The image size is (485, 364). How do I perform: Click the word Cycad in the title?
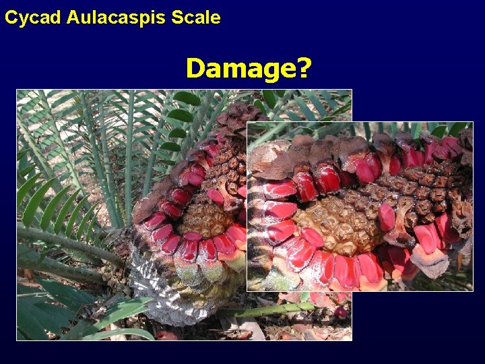[33, 18]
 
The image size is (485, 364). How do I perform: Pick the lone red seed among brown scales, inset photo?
[387, 216]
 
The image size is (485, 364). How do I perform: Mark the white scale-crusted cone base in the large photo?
[162, 283]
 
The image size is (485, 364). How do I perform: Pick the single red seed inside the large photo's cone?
[216, 196]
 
